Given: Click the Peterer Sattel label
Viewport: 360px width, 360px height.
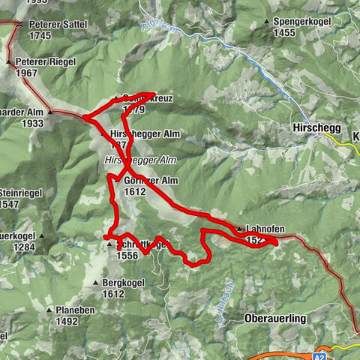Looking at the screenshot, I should pyautogui.click(x=58, y=24).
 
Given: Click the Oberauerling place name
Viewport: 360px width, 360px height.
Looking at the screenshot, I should pyautogui.click(x=275, y=319).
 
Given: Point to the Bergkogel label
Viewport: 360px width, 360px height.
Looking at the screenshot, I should pyautogui.click(x=123, y=283).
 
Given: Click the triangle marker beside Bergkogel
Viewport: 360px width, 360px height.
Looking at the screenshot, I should pyautogui.click(x=95, y=283).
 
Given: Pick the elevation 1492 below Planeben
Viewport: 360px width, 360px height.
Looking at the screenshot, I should pyautogui.click(x=67, y=321).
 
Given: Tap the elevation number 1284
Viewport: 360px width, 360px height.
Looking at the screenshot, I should pyautogui.click(x=24, y=247).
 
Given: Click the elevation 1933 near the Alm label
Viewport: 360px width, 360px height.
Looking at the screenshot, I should pyautogui.click(x=32, y=123).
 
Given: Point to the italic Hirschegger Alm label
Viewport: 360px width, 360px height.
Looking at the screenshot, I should pyautogui.click(x=140, y=160).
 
